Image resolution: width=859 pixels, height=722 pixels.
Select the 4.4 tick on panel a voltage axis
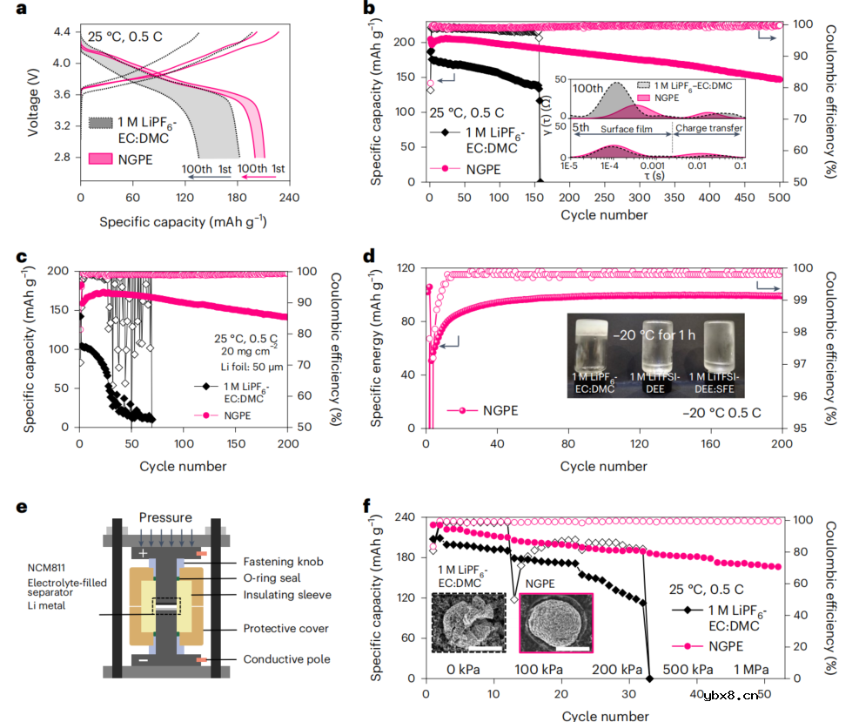pyautogui.click(x=62, y=31)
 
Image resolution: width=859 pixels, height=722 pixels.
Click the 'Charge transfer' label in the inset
pyautogui.click(x=708, y=128)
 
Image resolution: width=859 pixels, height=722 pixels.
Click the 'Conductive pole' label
pyautogui.click(x=286, y=659)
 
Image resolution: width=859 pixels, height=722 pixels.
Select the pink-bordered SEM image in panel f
pyautogui.click(x=556, y=623)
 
